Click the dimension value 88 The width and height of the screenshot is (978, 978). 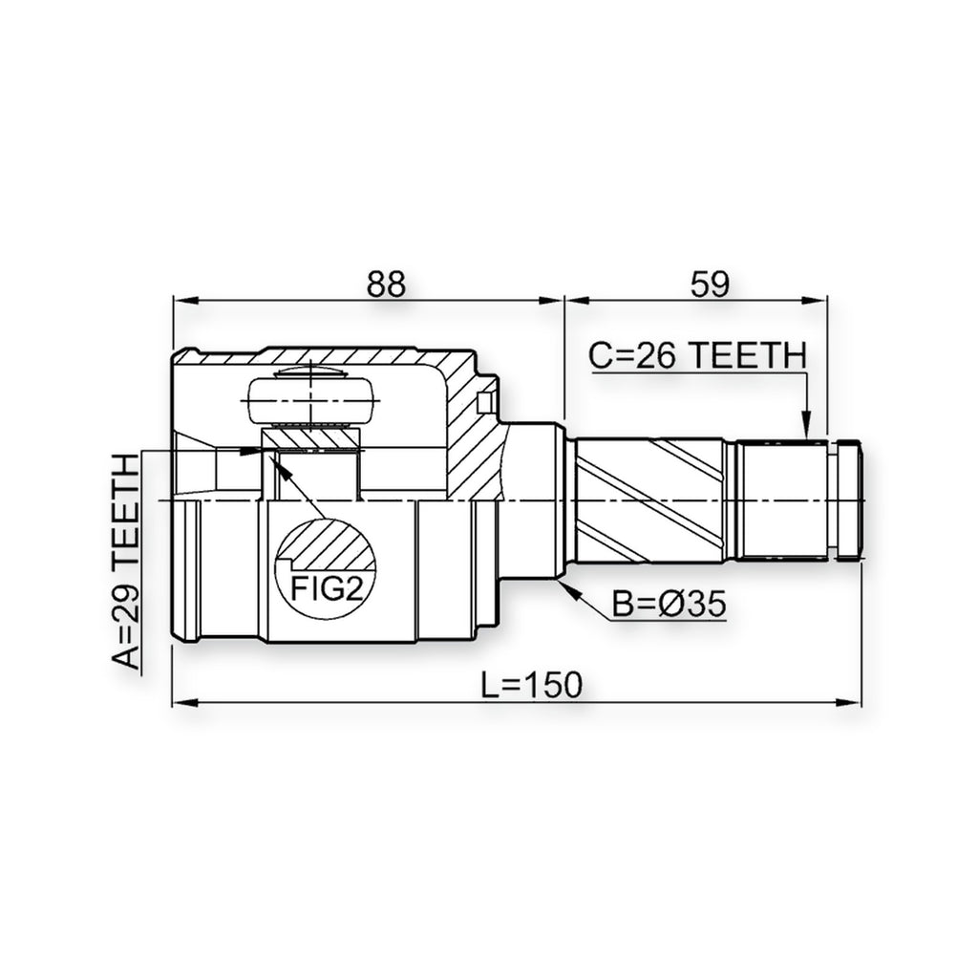point(386,284)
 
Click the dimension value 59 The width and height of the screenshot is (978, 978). point(710,284)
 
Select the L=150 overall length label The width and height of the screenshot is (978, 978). point(532,685)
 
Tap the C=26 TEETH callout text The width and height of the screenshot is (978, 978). point(698,355)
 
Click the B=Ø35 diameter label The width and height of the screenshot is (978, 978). point(670,604)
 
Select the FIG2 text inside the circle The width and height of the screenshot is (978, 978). point(327,588)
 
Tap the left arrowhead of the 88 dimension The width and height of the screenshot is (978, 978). point(185,301)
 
